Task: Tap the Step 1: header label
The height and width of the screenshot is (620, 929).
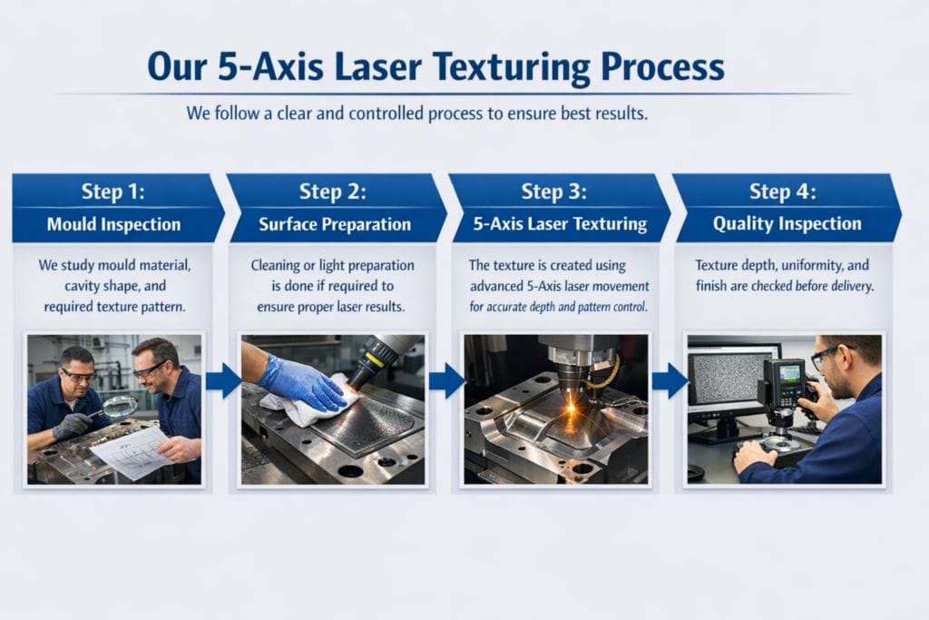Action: coord(113,192)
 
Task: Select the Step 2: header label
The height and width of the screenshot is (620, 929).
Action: coord(332,192)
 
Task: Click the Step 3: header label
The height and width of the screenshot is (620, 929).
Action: coord(554,192)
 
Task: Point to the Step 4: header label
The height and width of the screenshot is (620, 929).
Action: coord(783,192)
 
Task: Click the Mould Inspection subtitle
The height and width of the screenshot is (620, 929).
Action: coord(113,224)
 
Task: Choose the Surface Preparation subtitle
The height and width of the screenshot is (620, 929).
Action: coord(335,224)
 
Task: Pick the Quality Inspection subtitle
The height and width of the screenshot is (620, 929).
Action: coord(787,223)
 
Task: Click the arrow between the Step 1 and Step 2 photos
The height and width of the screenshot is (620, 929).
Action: coord(223,381)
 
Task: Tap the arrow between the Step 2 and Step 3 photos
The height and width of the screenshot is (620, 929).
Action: coord(446,381)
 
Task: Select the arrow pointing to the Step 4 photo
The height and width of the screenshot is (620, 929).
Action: coord(670,381)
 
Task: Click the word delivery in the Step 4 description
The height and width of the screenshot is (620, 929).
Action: coord(852,286)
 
